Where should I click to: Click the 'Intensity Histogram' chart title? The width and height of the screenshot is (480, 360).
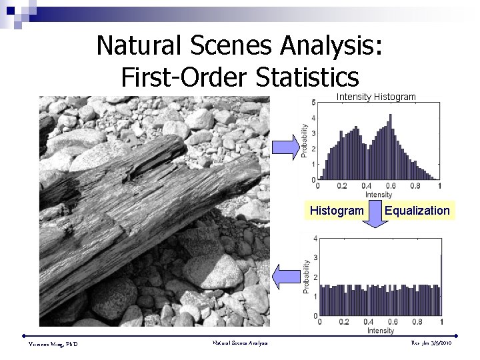(376, 97)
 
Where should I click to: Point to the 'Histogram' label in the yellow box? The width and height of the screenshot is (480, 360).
(337, 211)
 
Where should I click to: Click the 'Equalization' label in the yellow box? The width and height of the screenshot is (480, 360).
(417, 211)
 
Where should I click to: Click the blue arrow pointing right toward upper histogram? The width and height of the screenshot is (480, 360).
(287, 146)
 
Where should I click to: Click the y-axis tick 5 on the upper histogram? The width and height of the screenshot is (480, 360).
(313, 102)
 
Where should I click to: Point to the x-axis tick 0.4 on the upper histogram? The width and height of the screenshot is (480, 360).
(367, 186)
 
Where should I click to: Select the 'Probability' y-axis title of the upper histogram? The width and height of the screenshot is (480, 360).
(305, 141)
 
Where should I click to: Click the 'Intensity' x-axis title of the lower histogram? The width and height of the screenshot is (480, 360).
(380, 331)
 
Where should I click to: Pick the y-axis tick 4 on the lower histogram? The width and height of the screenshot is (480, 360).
(315, 238)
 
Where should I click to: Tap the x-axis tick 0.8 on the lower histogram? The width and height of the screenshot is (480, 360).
(416, 323)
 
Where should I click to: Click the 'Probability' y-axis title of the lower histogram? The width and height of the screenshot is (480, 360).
(306, 277)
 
